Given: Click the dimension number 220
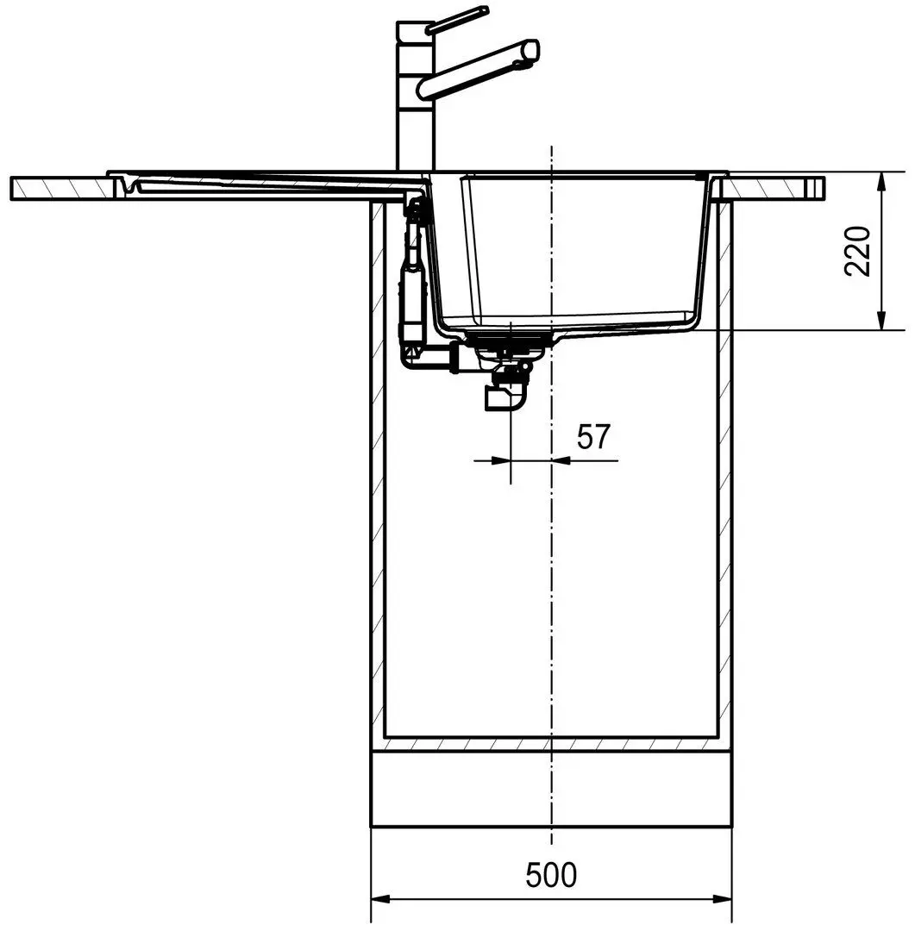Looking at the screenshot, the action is (x=857, y=251).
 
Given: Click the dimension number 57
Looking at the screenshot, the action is (x=593, y=436).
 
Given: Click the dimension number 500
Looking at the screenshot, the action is (x=551, y=875).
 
